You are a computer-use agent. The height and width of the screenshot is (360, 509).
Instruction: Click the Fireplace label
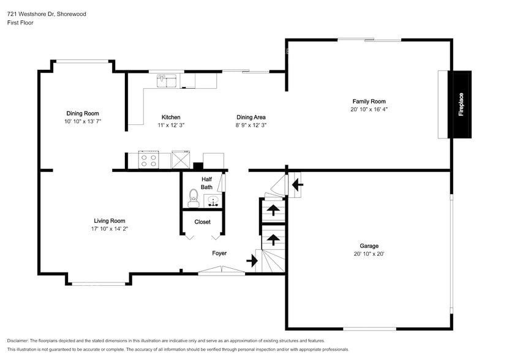click(x=461, y=105)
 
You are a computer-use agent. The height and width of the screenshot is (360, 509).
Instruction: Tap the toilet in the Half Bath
click(x=194, y=198)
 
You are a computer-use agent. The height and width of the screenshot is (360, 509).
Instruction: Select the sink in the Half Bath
click(x=213, y=201)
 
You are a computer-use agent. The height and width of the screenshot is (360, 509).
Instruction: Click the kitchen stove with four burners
click(x=149, y=160)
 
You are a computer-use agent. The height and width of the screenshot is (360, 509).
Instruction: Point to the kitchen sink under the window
click(x=167, y=81)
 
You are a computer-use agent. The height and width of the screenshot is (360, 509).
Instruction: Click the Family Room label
click(x=369, y=101)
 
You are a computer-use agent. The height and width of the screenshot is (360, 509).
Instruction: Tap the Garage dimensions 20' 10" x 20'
click(x=369, y=254)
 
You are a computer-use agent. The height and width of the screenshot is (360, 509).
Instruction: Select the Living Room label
click(x=110, y=221)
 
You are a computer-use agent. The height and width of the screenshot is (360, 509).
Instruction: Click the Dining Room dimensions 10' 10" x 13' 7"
click(x=83, y=121)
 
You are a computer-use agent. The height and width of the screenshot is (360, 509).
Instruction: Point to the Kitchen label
click(x=171, y=117)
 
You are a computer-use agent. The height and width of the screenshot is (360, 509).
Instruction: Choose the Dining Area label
click(x=251, y=117)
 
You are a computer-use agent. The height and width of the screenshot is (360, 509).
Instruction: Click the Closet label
click(x=203, y=222)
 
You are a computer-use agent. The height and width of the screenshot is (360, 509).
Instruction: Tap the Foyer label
click(x=219, y=253)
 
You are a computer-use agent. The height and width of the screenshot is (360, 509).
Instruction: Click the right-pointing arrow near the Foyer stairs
click(x=252, y=261)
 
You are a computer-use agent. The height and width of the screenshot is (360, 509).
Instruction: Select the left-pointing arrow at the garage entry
click(x=298, y=185)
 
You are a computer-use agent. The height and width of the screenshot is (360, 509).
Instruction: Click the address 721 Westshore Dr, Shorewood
click(x=47, y=14)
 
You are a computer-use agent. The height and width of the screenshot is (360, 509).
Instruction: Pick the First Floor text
click(x=20, y=23)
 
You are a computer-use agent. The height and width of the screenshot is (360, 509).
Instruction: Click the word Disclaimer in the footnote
click(x=18, y=341)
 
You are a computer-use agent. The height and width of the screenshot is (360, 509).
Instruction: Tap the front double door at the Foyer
click(x=222, y=271)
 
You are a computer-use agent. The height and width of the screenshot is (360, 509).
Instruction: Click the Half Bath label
click(x=207, y=183)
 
